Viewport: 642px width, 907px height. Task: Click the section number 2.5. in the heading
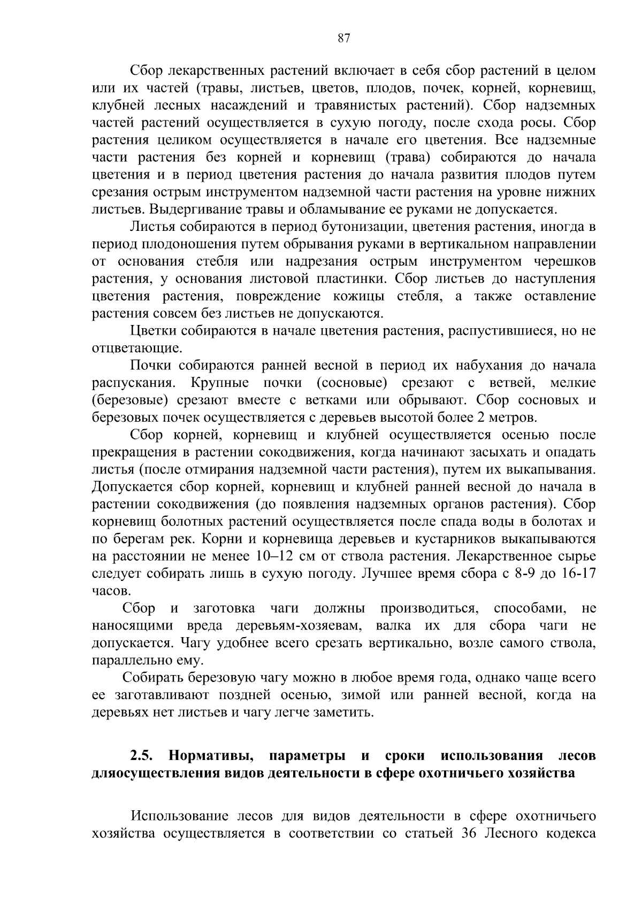click(142, 756)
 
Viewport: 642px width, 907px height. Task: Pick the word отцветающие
click(136, 348)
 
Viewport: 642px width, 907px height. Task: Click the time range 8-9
click(529, 574)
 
